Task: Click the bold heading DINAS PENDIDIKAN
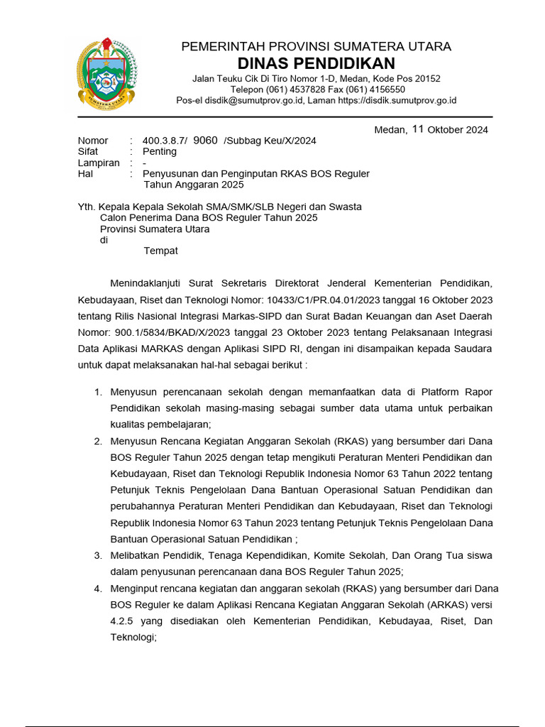coord(316,63)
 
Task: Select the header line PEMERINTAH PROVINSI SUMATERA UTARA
coord(316,47)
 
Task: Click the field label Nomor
coord(93,141)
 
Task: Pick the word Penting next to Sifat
coord(160,151)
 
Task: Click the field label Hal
coord(85,173)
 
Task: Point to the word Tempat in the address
coord(161,251)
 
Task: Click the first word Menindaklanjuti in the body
coord(150,283)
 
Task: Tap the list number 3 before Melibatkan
coord(98,555)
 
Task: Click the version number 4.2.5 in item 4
coord(123,621)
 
